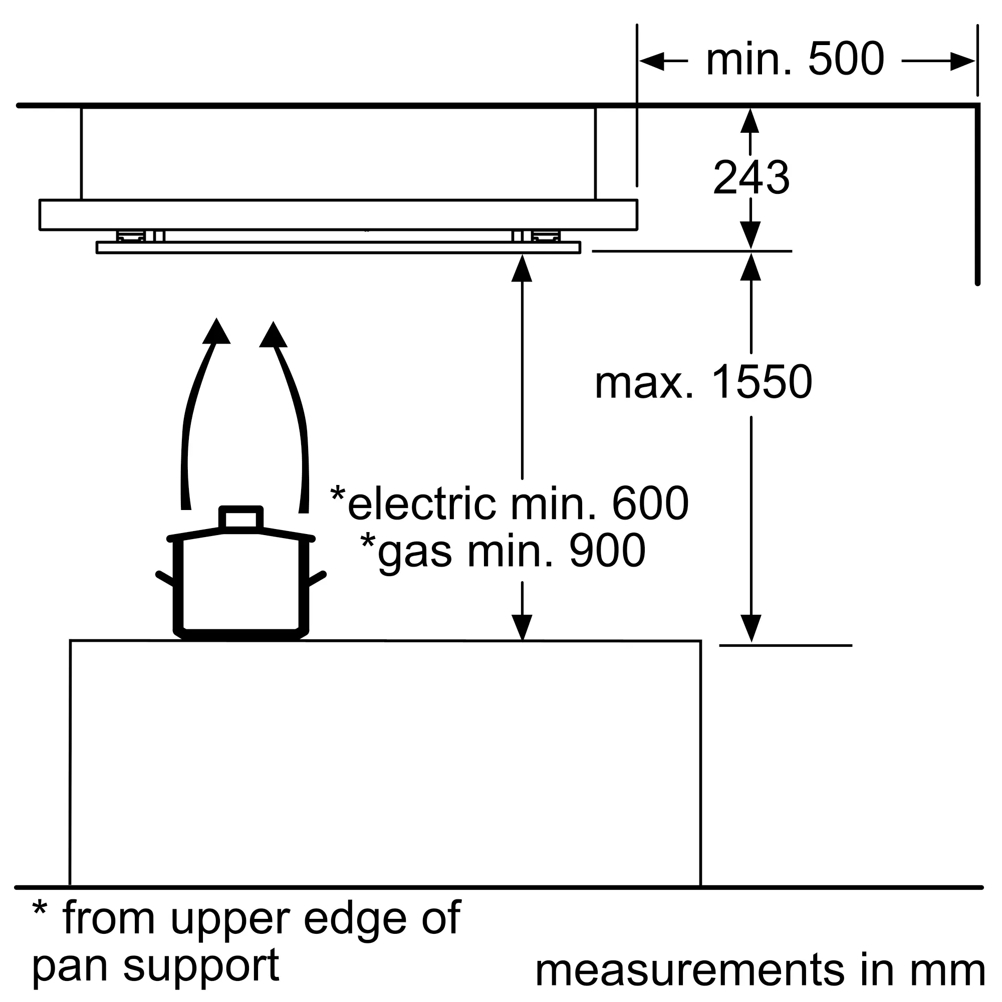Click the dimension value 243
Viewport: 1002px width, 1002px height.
(x=751, y=178)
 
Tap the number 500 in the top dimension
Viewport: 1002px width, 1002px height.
(x=846, y=60)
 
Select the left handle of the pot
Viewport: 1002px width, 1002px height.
(x=165, y=578)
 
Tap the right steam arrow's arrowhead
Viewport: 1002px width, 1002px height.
(x=274, y=335)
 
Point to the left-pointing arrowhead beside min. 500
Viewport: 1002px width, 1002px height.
(x=651, y=61)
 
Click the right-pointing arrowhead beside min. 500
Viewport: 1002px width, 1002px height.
(x=962, y=61)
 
